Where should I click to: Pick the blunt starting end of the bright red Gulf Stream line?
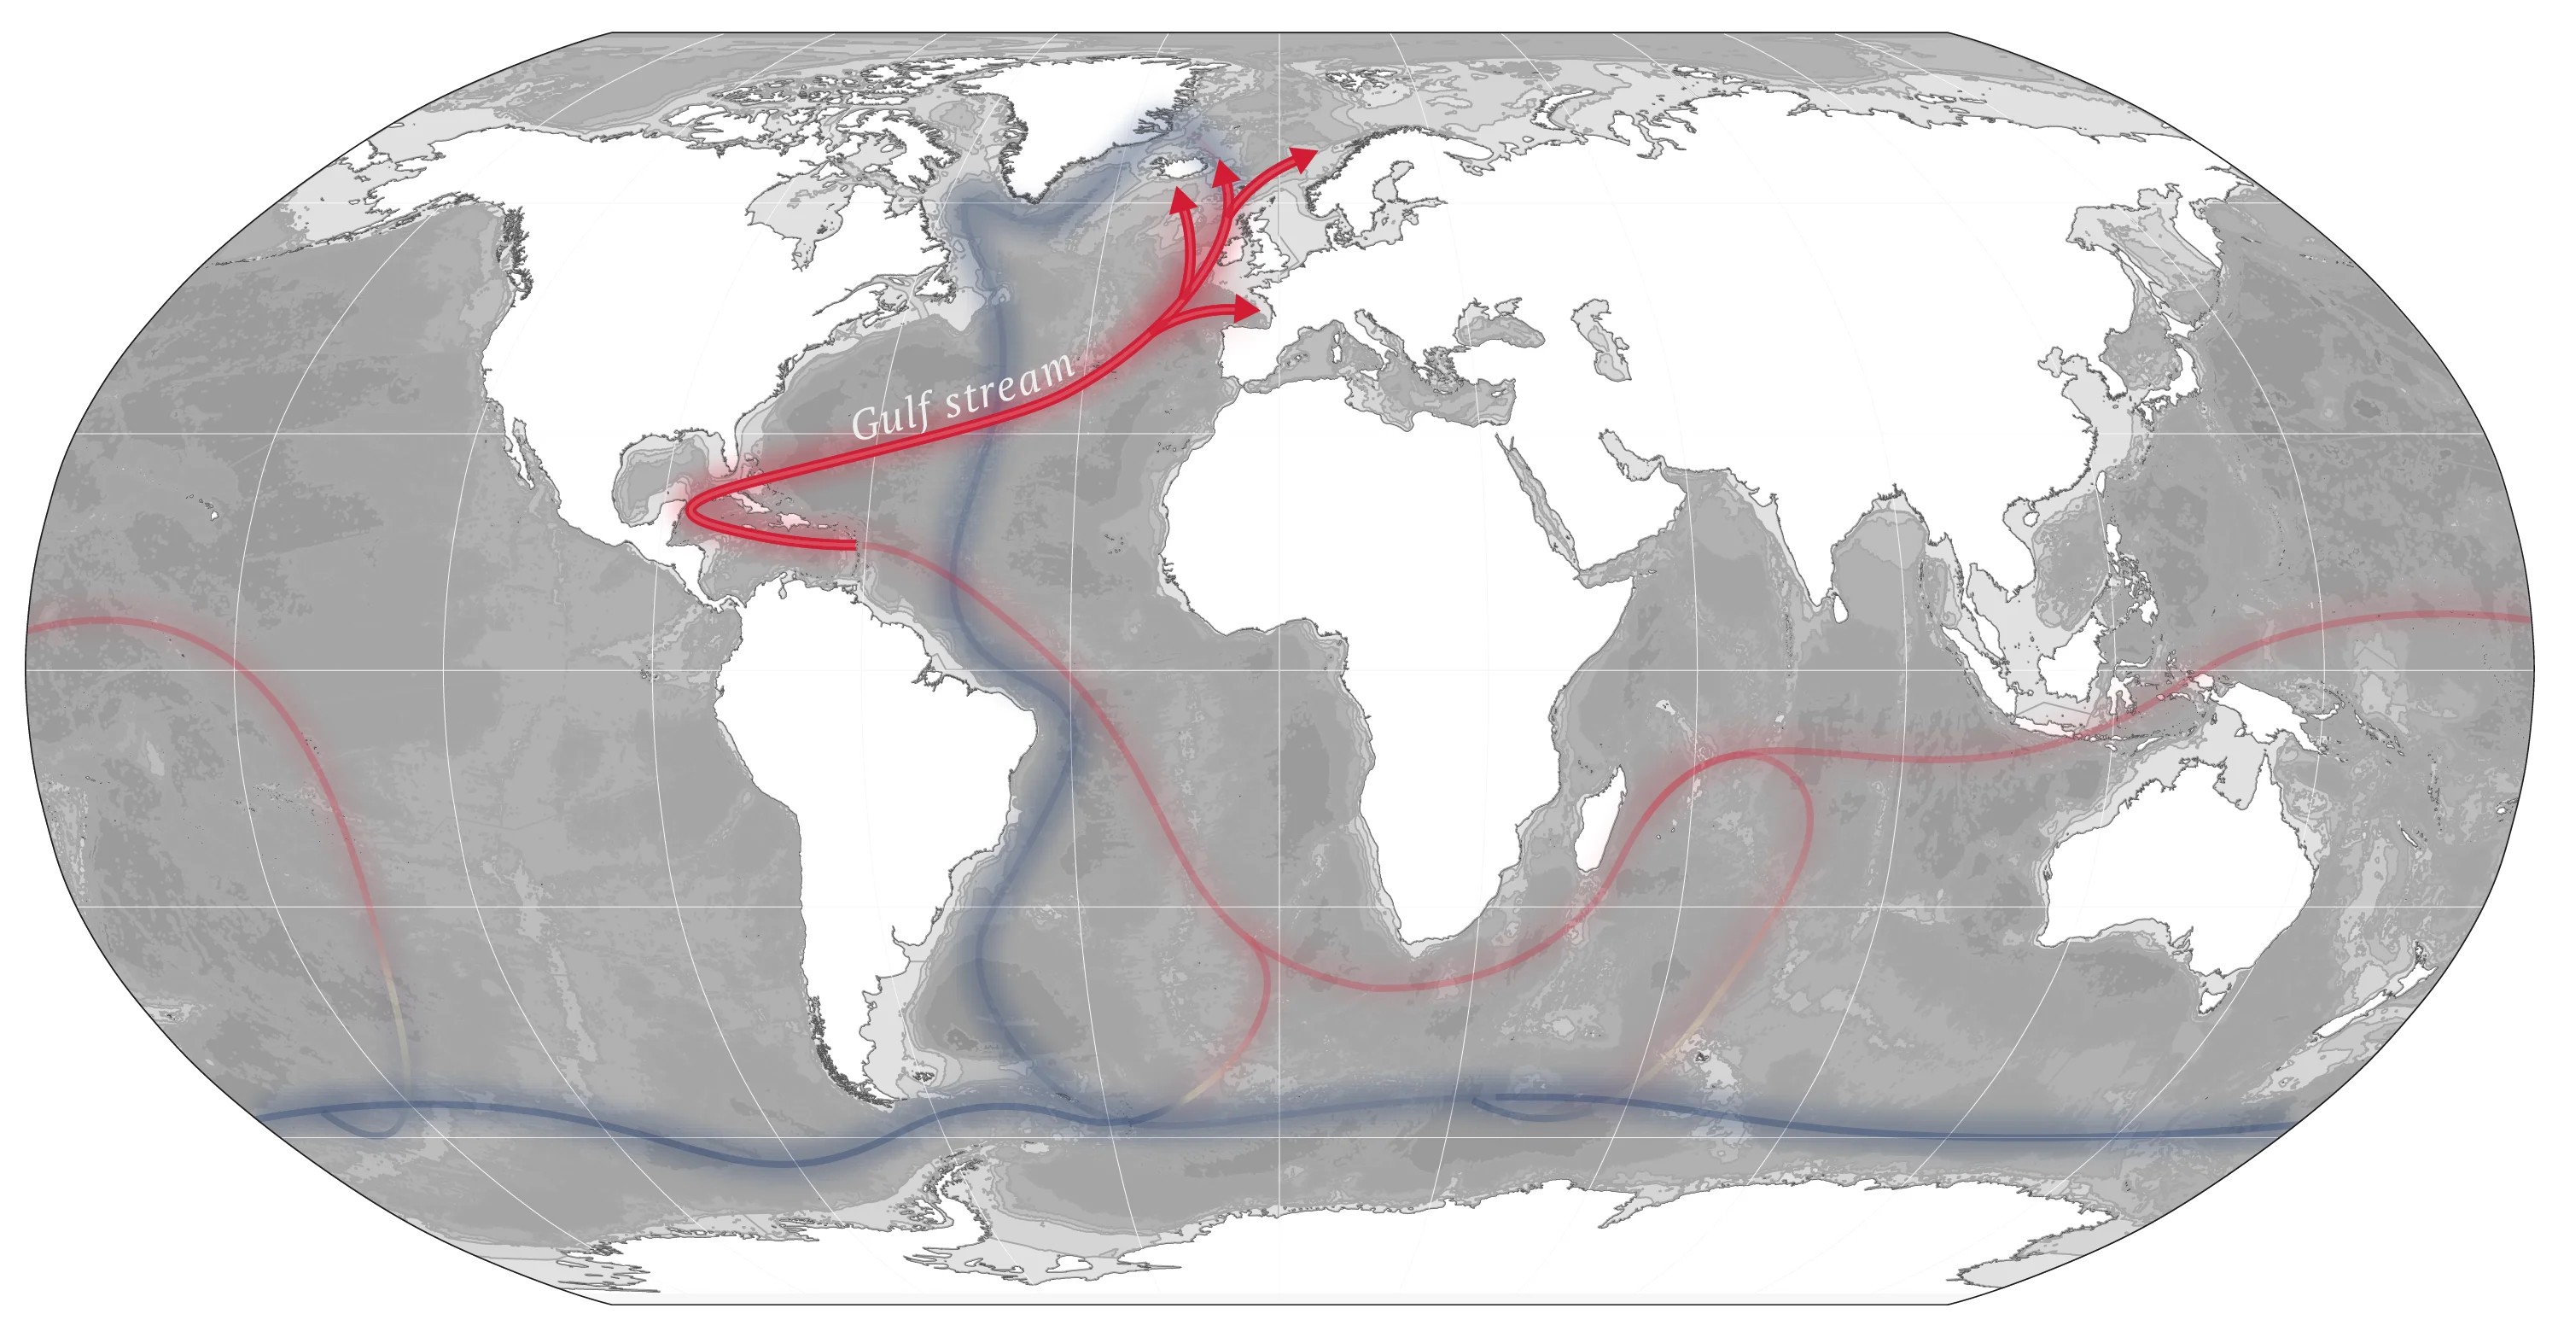click(855, 545)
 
